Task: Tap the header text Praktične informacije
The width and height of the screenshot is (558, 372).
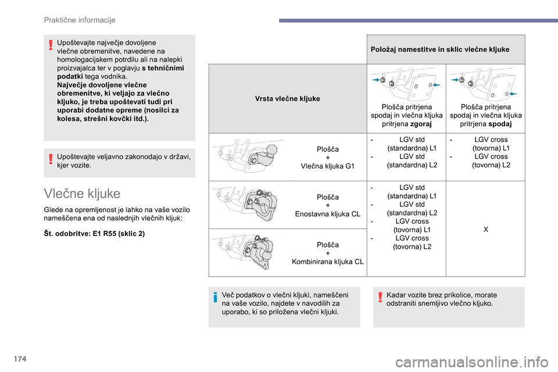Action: point(80,20)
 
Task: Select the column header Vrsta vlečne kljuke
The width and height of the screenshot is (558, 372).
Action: point(287,99)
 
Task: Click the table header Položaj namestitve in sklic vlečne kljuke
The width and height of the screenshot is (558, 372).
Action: point(439,49)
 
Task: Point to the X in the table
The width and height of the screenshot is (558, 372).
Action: point(485,230)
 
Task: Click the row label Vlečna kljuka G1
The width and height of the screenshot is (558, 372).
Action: point(328,166)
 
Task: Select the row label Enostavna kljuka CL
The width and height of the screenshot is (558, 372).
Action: point(328,214)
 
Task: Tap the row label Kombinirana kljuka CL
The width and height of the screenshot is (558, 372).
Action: point(328,262)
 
